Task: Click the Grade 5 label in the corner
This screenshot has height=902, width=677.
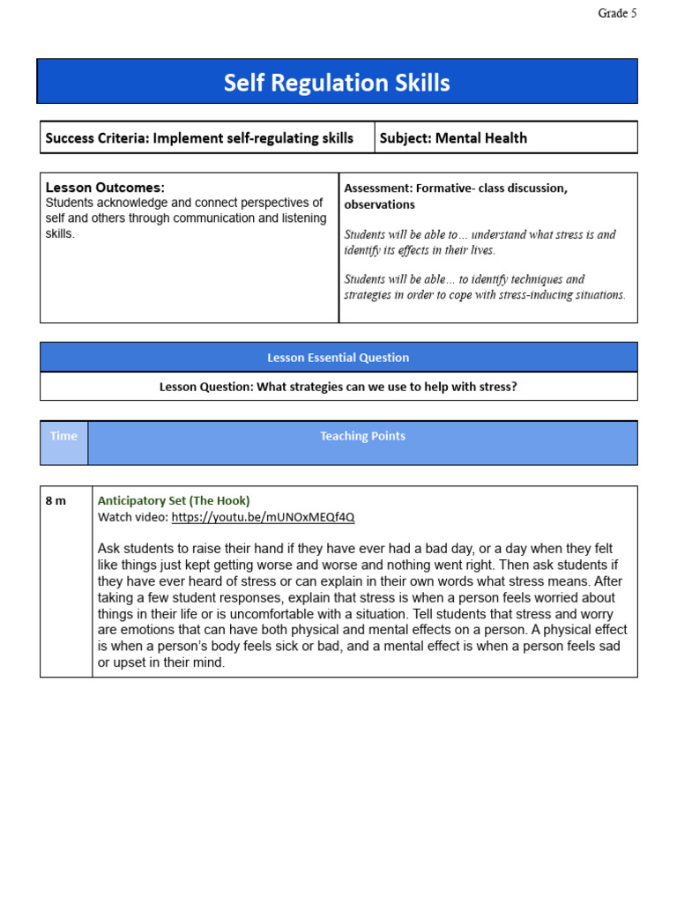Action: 617,13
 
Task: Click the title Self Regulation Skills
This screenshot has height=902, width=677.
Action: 337,83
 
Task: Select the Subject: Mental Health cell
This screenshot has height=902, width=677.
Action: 453,138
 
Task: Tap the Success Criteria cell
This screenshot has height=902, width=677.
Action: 199,138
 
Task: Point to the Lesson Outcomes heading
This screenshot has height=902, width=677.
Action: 105,188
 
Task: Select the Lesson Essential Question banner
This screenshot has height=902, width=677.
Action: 338,358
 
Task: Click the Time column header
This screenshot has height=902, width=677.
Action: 63,436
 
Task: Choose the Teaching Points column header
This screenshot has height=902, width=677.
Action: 362,436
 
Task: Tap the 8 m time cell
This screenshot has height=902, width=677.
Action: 56,500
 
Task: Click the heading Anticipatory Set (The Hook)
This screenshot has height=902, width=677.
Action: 174,500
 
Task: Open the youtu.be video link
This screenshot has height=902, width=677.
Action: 263,517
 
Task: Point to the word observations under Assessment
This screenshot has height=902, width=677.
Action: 379,204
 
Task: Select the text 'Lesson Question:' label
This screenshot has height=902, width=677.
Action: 205,387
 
